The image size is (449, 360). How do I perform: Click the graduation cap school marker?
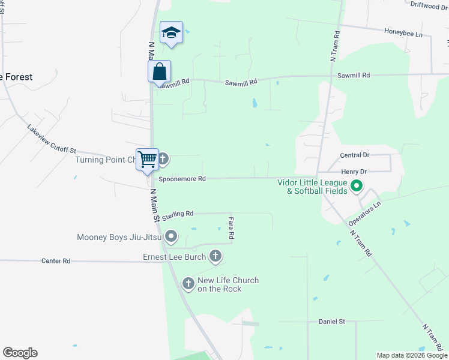pyautogui.click(x=171, y=33)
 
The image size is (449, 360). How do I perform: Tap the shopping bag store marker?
pyautogui.click(x=160, y=71)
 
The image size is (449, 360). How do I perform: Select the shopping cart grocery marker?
pyautogui.click(x=147, y=159)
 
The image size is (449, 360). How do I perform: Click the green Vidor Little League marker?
pyautogui.click(x=357, y=186)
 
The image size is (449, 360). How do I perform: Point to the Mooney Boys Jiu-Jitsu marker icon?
pyautogui.click(x=171, y=237)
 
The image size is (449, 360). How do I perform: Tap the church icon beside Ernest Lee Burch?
pyautogui.click(x=215, y=257)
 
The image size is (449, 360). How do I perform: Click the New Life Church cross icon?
pyautogui.click(x=188, y=283)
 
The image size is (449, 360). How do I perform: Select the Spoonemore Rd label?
pyautogui.click(x=182, y=178)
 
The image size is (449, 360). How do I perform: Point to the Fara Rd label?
pyautogui.click(x=231, y=229)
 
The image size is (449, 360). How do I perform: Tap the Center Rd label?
pyautogui.click(x=56, y=261)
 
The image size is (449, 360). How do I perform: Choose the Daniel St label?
pyautogui.click(x=332, y=322)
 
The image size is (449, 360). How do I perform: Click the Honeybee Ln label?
pyautogui.click(x=403, y=34)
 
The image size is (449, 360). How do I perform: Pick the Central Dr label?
pyautogui.click(x=354, y=155)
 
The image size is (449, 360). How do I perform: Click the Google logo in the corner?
pyautogui.click(x=20, y=353)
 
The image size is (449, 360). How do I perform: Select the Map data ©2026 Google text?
pyautogui.click(x=411, y=355)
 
